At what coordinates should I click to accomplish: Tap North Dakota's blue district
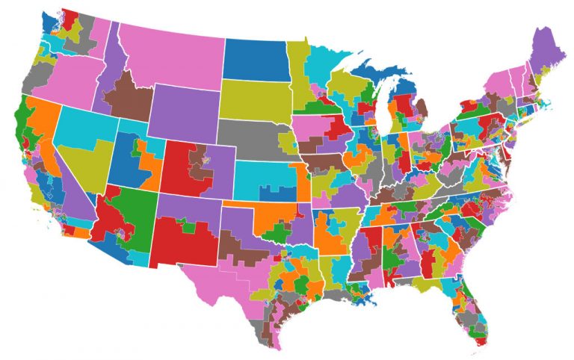pyautogui.click(x=254, y=56)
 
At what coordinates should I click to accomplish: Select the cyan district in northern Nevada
pyautogui.click(x=82, y=123)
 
